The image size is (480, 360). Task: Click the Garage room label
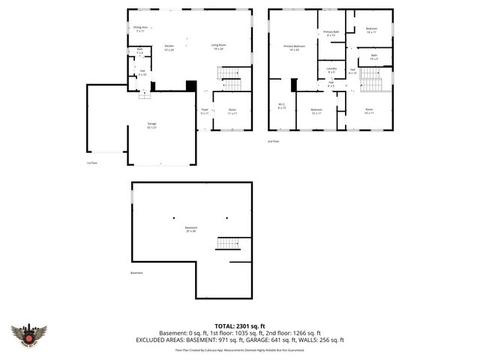[151, 125]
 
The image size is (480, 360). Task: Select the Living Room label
[218, 47]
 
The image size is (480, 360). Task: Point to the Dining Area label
[140, 29]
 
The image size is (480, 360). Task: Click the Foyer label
[205, 112]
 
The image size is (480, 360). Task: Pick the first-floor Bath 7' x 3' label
[139, 51]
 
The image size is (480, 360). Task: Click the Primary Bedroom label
[292, 47]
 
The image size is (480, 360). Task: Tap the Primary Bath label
[331, 34]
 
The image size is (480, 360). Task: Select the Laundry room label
[331, 70]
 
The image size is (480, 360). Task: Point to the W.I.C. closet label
[282, 106]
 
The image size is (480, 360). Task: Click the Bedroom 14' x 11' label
[371, 30]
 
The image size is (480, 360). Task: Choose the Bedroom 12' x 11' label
[316, 112]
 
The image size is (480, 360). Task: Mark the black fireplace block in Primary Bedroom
[294, 84]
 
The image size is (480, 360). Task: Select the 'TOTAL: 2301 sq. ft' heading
[240, 325]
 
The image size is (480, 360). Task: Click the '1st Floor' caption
[91, 163]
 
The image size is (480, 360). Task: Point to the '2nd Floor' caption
[273, 141]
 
